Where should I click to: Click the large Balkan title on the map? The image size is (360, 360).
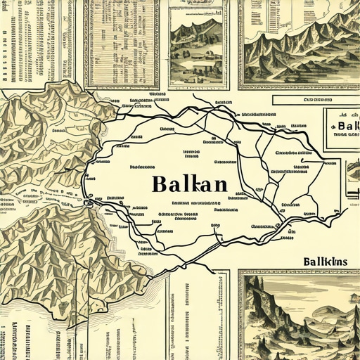[189, 184]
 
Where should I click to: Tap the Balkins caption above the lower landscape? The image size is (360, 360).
[326, 262]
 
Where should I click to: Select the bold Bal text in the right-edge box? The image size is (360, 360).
[344, 127]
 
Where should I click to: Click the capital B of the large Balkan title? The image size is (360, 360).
[158, 184]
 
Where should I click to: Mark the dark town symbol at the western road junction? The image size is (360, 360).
[88, 203]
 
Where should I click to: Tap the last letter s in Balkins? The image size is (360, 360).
[345, 263]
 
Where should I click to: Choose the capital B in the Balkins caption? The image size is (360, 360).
[308, 262]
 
